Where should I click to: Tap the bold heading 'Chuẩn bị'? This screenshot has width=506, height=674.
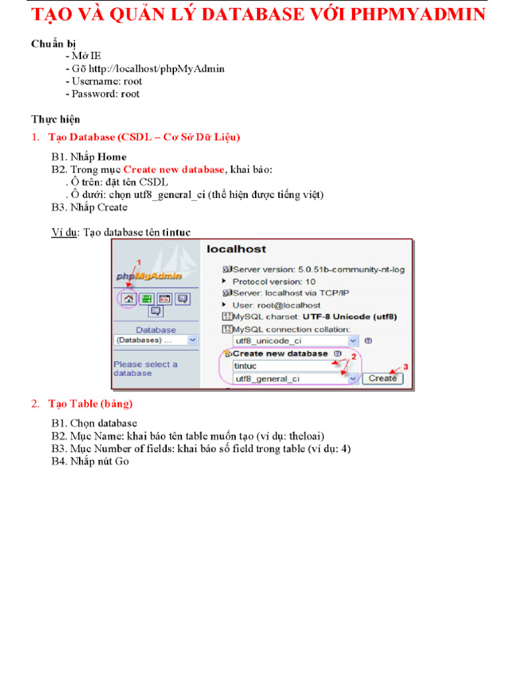[53, 43]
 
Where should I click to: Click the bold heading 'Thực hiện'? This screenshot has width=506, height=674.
[55, 119]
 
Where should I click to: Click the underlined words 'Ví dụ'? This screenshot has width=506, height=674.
[65, 232]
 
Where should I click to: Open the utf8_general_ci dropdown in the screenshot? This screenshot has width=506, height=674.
[353, 378]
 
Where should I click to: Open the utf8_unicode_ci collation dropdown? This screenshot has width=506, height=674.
[353, 341]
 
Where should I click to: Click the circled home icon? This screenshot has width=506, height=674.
[129, 299]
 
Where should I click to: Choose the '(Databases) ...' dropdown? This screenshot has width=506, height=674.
[155, 340]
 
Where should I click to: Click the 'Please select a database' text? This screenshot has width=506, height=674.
[145, 369]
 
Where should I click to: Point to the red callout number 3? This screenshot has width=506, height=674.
[406, 367]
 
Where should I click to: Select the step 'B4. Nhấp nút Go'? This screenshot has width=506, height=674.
[90, 461]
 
